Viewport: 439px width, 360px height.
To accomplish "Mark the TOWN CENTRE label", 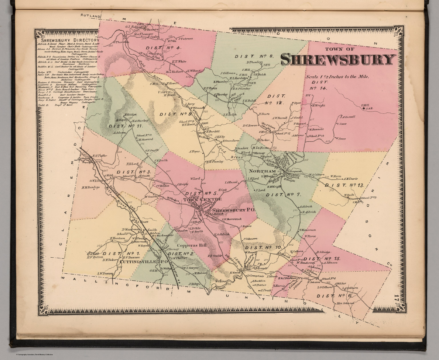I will click(202, 199).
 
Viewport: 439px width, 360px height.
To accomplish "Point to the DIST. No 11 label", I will click(121, 126).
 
